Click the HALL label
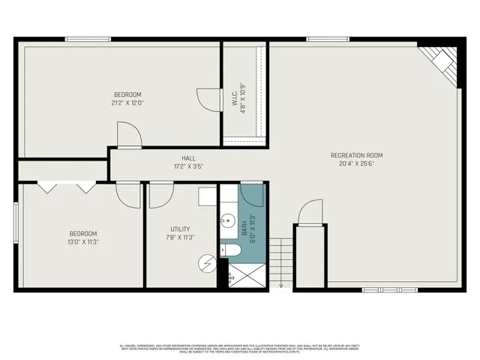coord(188,158)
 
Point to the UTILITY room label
coord(180,229)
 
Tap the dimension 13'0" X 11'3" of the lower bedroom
coord(82,241)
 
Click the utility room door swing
coord(160,195)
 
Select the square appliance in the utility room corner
coord(207,196)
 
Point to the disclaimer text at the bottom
coord(240,348)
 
